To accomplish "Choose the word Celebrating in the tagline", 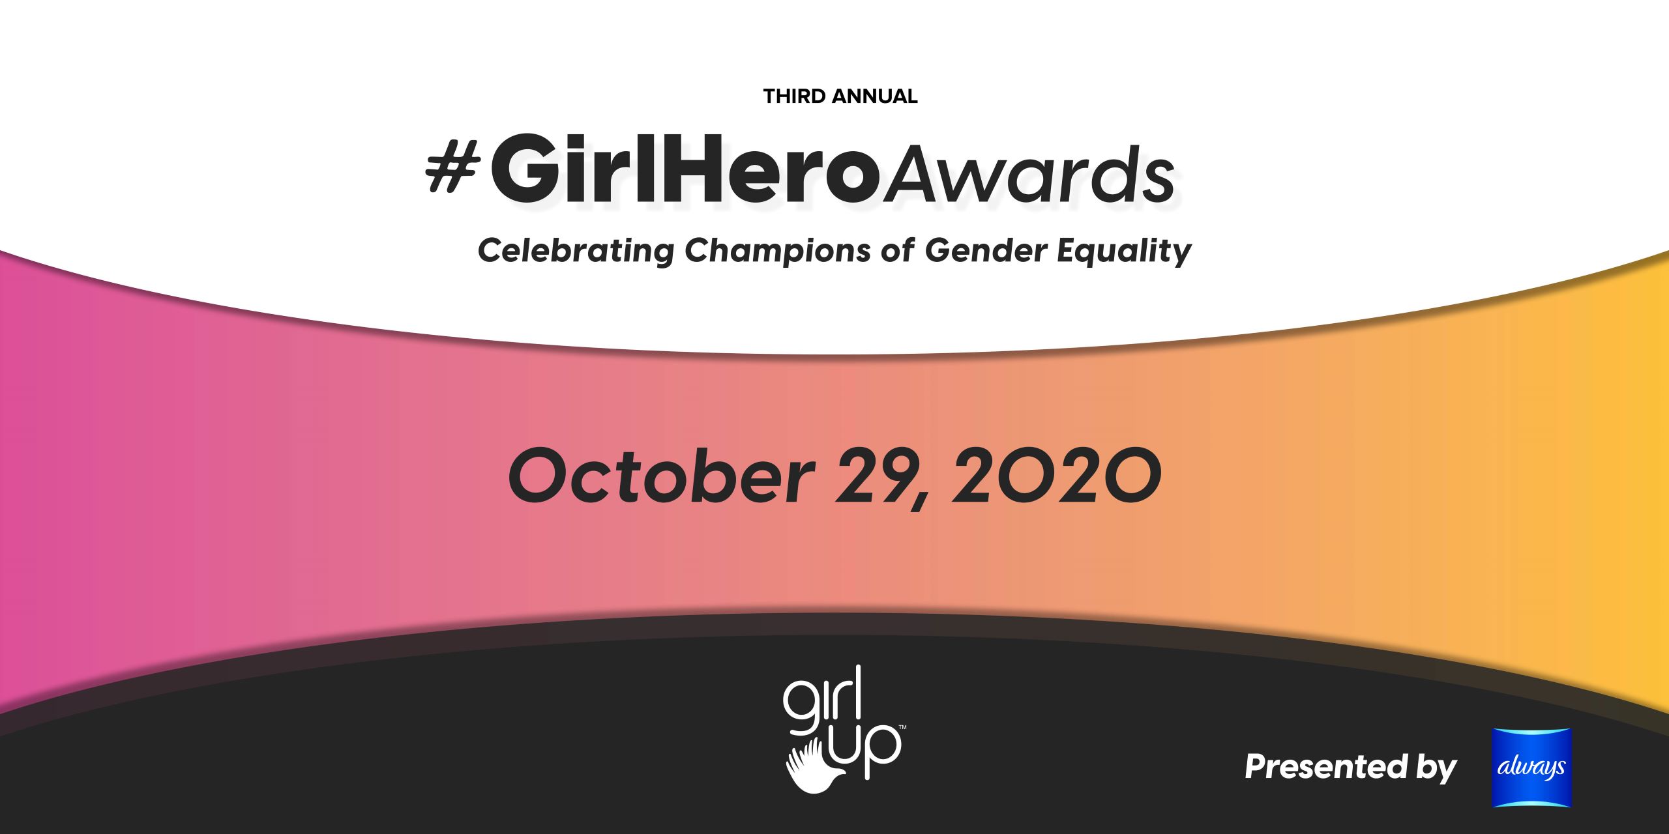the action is click(x=576, y=252).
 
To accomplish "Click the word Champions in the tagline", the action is click(x=777, y=252).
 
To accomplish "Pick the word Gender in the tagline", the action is click(x=986, y=250).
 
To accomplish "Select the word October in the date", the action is click(x=661, y=476).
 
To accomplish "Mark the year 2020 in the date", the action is click(x=1057, y=476).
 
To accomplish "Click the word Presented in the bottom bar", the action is click(x=1326, y=766).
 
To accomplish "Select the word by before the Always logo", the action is click(x=1437, y=769).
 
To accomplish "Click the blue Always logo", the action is click(x=1532, y=768).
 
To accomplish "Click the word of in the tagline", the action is click(x=898, y=250).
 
